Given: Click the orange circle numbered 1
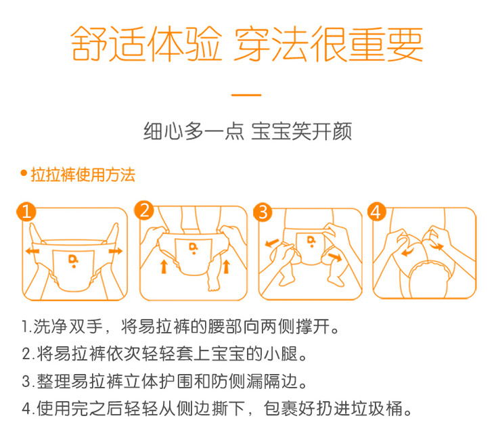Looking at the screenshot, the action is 26,212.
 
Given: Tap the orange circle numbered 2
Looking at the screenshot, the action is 144,210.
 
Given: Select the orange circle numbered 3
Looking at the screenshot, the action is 263,212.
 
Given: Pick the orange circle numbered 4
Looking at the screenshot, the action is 376,212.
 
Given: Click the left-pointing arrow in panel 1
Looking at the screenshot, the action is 32,251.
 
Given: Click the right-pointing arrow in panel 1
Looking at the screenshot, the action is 116,250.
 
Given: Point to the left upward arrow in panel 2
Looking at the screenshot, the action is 164,267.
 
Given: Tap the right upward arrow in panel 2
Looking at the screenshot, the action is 226,267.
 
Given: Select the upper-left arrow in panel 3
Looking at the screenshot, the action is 272,243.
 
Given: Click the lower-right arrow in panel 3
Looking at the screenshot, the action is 335,257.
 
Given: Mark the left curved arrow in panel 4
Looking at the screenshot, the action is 407,252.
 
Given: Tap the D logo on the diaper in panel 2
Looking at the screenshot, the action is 193,248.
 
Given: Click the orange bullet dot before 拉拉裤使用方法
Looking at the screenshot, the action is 24,173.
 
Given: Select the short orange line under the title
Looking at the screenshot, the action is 246,95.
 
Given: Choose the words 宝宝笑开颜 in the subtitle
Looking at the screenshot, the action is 301,131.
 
